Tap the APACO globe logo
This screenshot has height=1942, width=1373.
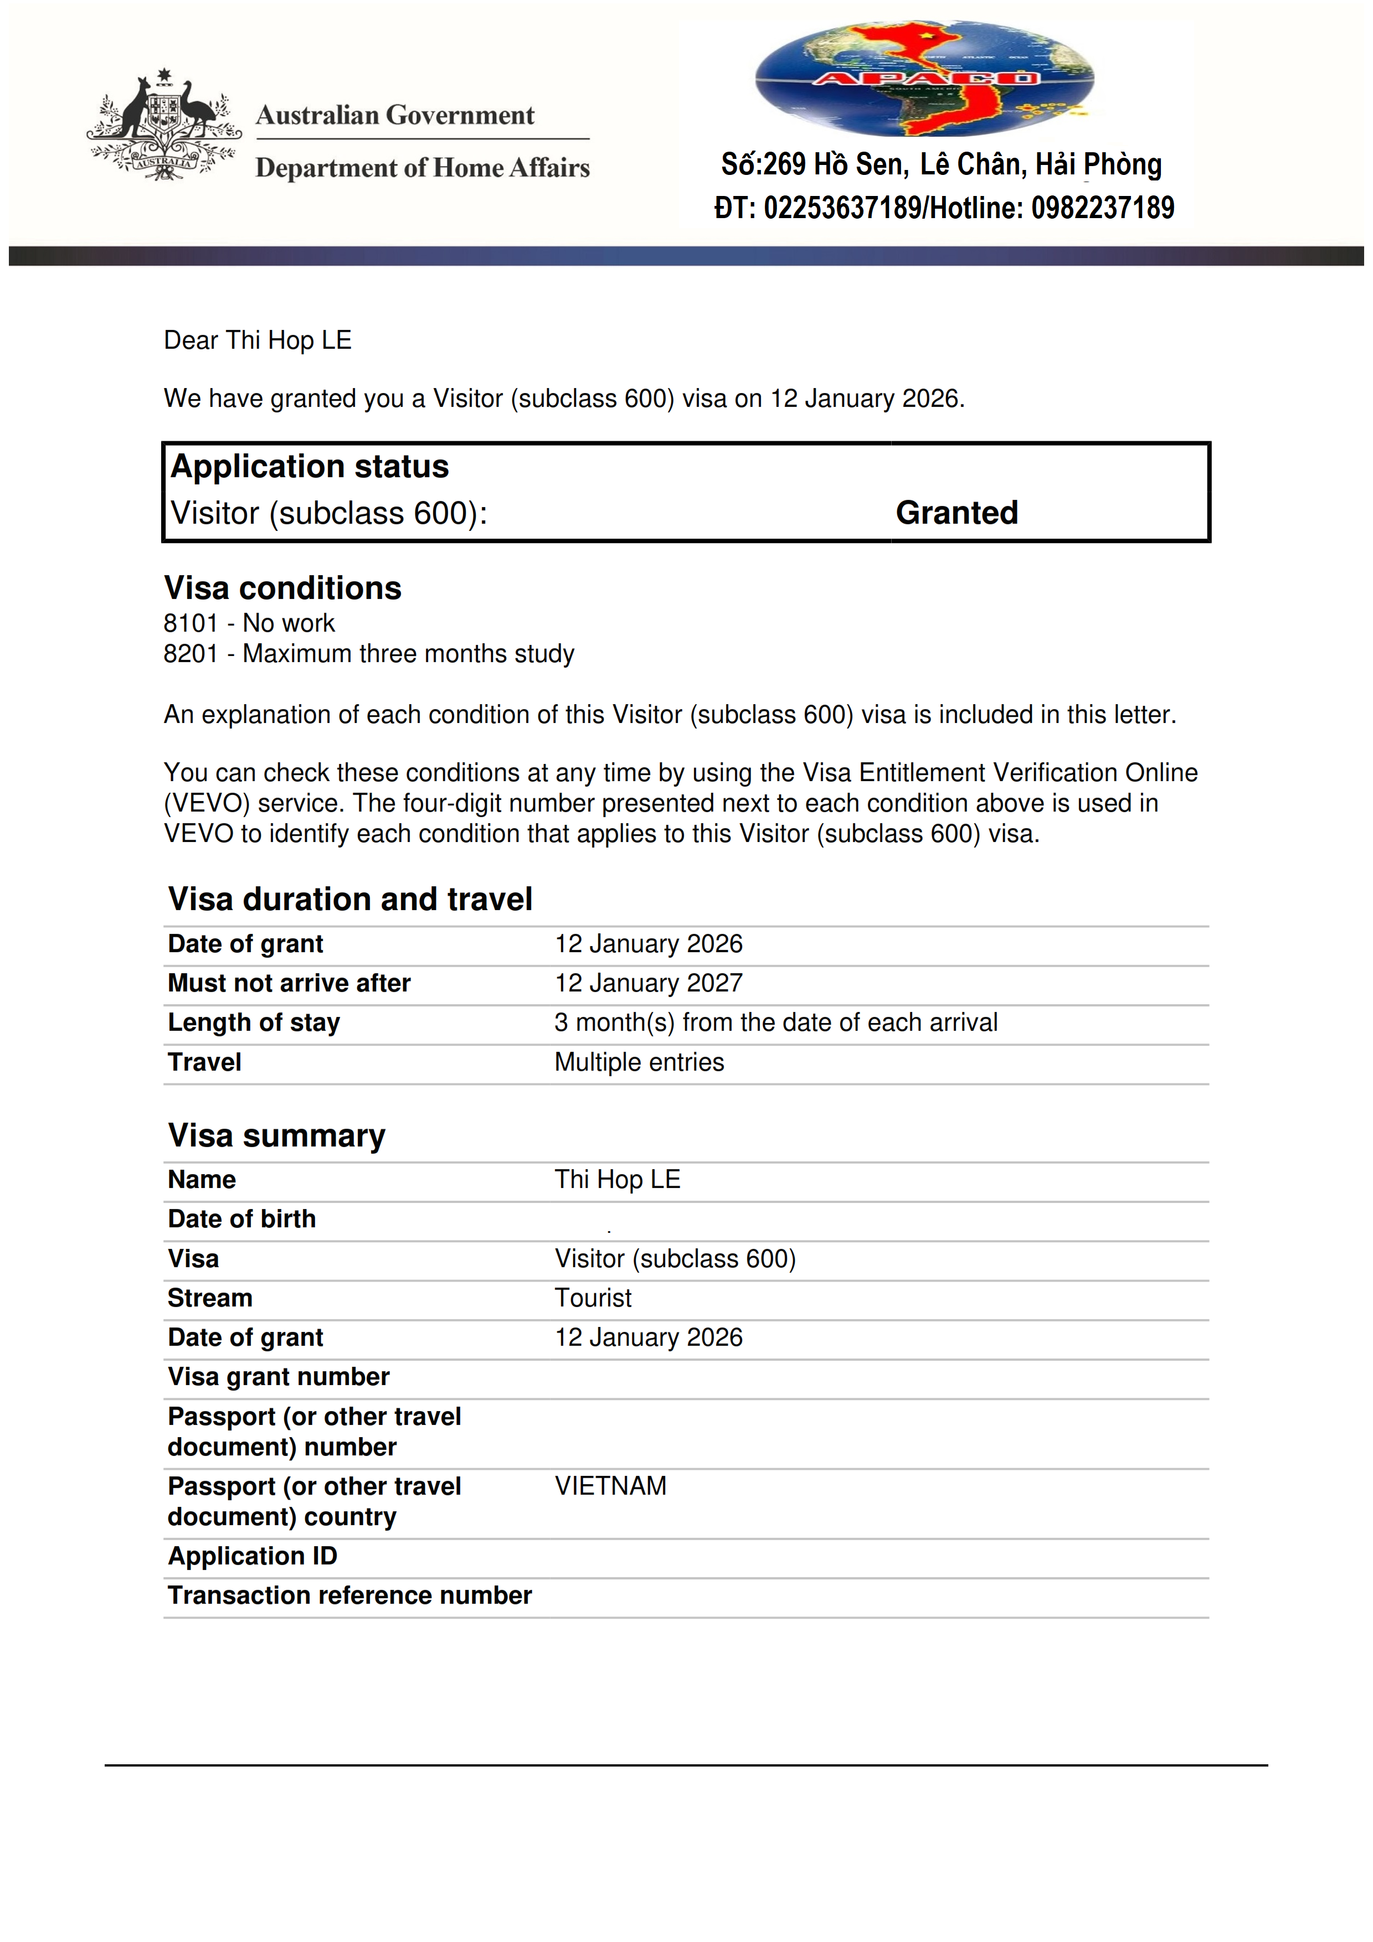pyautogui.click(x=924, y=79)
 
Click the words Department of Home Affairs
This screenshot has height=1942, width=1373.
pyautogui.click(x=422, y=168)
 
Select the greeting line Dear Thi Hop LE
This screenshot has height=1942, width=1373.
pyautogui.click(x=257, y=340)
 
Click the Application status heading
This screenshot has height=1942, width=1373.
pyautogui.click(x=310, y=467)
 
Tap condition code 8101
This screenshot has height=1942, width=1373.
pyautogui.click(x=191, y=623)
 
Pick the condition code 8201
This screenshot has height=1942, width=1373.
pyautogui.click(x=191, y=654)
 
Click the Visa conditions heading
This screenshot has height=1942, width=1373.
pyautogui.click(x=282, y=588)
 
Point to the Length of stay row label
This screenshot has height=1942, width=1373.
pyautogui.click(x=254, y=1022)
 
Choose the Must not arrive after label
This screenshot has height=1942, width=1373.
pyautogui.click(x=289, y=983)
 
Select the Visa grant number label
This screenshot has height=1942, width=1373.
pyautogui.click(x=279, y=1376)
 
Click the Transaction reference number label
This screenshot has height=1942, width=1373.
pyautogui.click(x=349, y=1595)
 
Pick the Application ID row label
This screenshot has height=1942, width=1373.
pyautogui.click(x=252, y=1556)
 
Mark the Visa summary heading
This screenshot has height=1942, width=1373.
pyautogui.click(x=276, y=1135)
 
